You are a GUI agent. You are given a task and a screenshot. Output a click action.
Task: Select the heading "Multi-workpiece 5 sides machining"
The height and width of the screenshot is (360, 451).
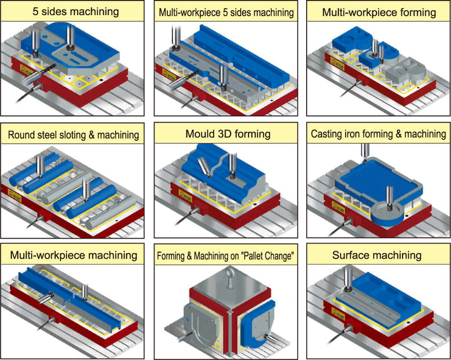tap(226, 12)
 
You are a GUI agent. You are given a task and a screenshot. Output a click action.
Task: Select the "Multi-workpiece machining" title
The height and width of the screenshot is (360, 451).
tap(73, 255)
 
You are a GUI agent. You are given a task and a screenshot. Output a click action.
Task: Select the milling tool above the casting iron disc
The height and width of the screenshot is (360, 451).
tap(388, 195)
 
